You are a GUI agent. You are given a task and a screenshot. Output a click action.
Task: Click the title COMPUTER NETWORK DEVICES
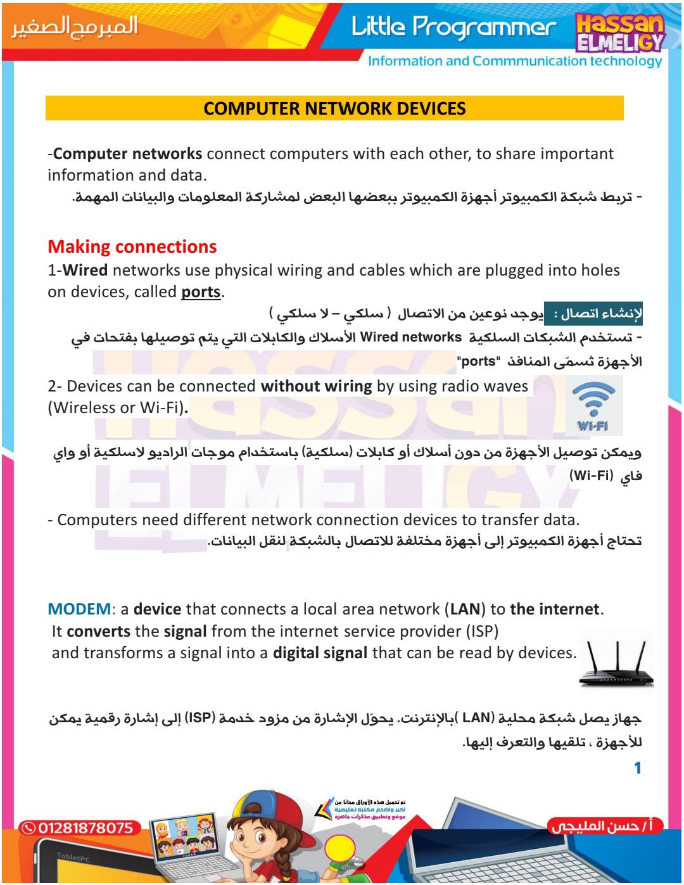click(x=334, y=108)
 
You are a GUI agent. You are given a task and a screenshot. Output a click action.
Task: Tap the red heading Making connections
click(x=132, y=246)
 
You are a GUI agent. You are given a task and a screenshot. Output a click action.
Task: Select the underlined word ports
click(x=201, y=292)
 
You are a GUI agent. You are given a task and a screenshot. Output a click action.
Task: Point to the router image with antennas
click(x=615, y=665)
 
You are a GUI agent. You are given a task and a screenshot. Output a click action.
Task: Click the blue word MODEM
click(x=79, y=609)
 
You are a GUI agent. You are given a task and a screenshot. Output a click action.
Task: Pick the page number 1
click(x=637, y=768)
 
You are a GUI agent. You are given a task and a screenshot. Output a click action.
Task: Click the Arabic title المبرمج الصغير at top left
click(x=74, y=26)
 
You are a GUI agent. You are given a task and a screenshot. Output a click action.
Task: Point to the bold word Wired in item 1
click(x=85, y=271)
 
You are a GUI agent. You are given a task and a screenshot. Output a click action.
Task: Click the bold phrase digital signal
click(x=320, y=653)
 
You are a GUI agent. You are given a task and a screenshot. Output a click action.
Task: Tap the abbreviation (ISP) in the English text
click(x=483, y=632)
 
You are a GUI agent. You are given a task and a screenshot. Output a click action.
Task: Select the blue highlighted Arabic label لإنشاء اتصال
click(x=593, y=314)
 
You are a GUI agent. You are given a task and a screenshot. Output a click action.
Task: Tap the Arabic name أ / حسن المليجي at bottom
click(x=605, y=826)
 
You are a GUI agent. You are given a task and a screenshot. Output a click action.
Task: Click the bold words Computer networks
click(x=128, y=154)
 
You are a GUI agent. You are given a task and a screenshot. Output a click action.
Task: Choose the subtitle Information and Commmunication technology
click(x=514, y=61)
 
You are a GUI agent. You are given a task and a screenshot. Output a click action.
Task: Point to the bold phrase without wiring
click(x=316, y=386)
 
